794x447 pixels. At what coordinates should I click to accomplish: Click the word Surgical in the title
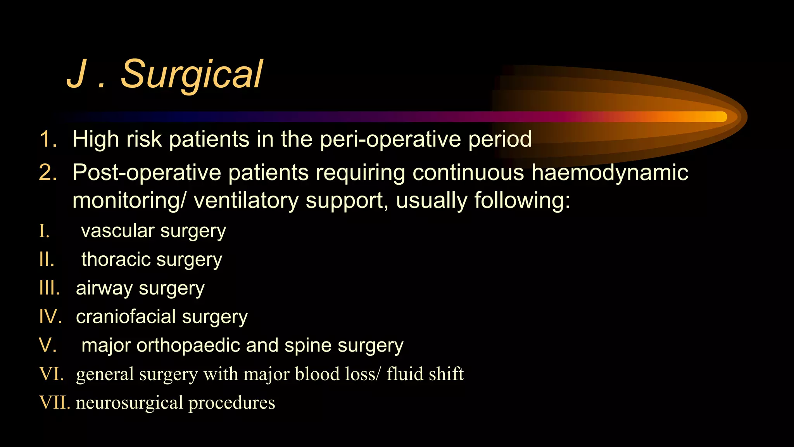192,74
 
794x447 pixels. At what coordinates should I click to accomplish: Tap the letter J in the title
76,74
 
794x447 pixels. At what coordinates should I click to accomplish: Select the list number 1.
48,139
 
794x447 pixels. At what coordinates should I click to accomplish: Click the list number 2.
48,172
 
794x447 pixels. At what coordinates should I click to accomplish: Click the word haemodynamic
609,172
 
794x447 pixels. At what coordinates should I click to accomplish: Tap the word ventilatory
246,201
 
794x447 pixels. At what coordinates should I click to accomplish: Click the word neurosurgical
129,403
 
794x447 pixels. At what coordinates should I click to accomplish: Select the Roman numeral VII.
55,403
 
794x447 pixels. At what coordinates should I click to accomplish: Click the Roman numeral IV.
50,317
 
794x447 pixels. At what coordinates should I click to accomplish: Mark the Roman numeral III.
50,288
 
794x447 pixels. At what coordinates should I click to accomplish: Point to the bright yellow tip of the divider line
719,117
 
